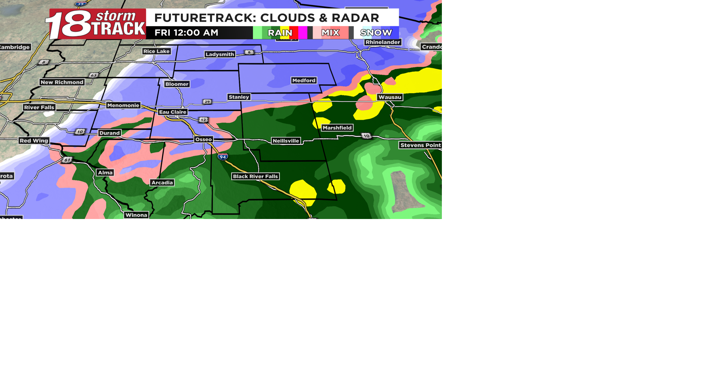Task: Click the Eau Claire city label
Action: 172,112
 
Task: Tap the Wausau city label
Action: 390,97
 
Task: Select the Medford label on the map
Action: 304,80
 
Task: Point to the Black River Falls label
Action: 255,176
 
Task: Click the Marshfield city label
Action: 337,128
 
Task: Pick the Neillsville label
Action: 286,141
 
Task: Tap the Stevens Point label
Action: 420,145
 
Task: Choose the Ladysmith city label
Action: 220,54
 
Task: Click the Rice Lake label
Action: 156,51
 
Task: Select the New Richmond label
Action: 62,82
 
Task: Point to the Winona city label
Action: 136,215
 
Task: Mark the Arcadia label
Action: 162,183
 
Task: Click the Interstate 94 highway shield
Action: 222,157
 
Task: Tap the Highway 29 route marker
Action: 207,102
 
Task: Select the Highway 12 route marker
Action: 203,120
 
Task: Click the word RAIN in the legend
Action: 280,33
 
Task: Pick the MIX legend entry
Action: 330,33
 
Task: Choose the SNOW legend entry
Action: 376,33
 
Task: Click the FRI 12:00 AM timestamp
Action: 186,33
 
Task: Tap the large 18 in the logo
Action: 68,24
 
